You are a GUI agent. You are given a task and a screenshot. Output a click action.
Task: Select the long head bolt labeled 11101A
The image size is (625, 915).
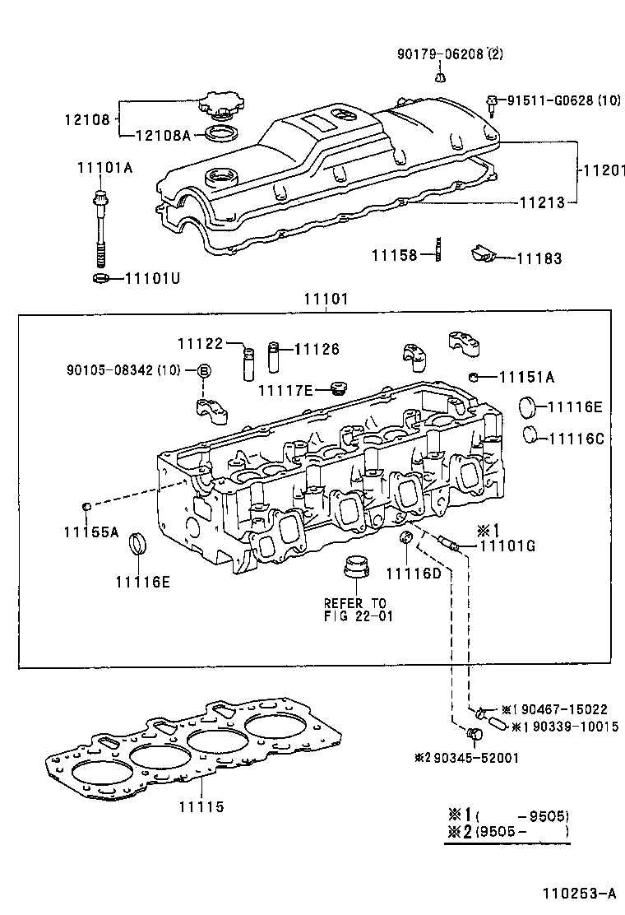click(x=100, y=226)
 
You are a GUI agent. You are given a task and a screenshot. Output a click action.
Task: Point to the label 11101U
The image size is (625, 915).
click(x=151, y=278)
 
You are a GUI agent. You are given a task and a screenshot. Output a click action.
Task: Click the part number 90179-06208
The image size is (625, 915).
click(x=439, y=54)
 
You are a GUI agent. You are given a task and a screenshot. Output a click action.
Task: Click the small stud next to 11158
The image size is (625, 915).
click(x=438, y=249)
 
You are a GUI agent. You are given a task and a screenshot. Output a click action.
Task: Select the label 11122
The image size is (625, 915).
click(x=201, y=342)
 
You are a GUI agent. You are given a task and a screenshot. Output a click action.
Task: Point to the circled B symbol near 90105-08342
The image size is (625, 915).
click(x=203, y=371)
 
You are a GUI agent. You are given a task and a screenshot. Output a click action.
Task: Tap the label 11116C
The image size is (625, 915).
click(x=576, y=439)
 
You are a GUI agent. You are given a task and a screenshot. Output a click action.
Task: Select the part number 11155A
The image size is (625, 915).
click(x=91, y=532)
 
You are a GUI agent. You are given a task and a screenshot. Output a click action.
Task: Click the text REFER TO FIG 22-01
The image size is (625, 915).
click(x=354, y=610)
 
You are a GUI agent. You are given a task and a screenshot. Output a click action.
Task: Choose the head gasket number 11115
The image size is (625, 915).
click(x=201, y=807)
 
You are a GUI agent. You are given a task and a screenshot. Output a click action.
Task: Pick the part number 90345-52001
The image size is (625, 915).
click(x=470, y=757)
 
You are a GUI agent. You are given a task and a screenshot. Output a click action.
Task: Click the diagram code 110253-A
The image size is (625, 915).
click(x=578, y=893)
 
